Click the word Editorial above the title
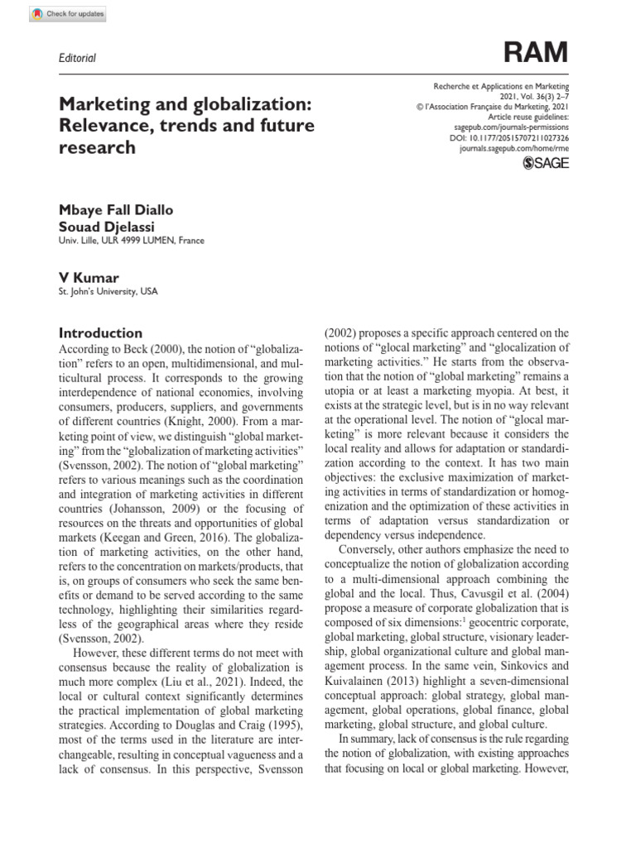77,58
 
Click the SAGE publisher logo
547,164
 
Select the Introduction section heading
100,333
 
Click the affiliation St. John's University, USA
108,291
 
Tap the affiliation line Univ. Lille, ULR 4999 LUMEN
131,241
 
